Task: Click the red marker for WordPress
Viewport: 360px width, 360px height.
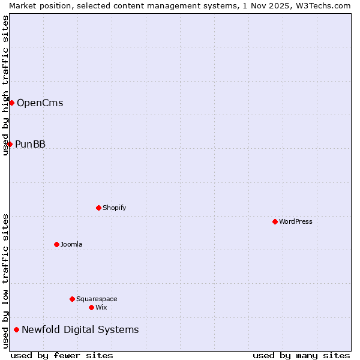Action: pyautogui.click(x=275, y=221)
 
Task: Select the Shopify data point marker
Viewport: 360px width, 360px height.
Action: pyautogui.click(x=98, y=208)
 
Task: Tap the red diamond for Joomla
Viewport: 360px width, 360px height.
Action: pyautogui.click(x=56, y=244)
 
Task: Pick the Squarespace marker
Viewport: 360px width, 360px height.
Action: pyautogui.click(x=72, y=299)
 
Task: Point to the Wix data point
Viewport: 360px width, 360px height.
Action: pyautogui.click(x=91, y=307)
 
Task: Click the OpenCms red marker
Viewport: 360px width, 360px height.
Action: pyautogui.click(x=11, y=103)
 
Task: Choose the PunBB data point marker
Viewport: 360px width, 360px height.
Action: pyautogui.click(x=10, y=144)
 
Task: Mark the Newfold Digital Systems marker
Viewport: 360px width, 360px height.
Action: pyautogui.click(x=16, y=329)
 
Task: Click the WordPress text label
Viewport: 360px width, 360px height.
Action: pyautogui.click(x=296, y=221)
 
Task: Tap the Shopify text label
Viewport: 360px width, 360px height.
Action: pyautogui.click(x=114, y=208)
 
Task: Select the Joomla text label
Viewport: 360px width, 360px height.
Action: pyautogui.click(x=71, y=244)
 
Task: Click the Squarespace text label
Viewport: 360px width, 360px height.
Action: pyautogui.click(x=97, y=299)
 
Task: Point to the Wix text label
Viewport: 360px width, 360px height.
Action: pyautogui.click(x=101, y=307)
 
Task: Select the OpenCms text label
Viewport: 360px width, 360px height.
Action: pyautogui.click(x=40, y=103)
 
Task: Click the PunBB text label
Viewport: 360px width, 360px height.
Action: pyautogui.click(x=30, y=144)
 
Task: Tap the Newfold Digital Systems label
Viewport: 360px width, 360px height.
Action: pyautogui.click(x=80, y=329)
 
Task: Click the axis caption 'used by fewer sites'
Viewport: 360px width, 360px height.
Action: pyautogui.click(x=62, y=355)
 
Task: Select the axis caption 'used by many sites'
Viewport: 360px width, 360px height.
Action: pyautogui.click(x=301, y=355)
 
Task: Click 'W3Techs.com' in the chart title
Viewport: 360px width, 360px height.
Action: pyautogui.click(x=326, y=5)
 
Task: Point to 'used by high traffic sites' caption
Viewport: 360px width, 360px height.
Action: pyautogui.click(x=5, y=85)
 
